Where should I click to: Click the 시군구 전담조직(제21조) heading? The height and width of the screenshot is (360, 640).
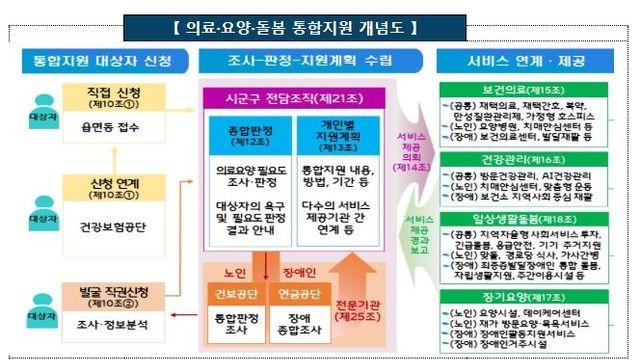coord(279,100)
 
